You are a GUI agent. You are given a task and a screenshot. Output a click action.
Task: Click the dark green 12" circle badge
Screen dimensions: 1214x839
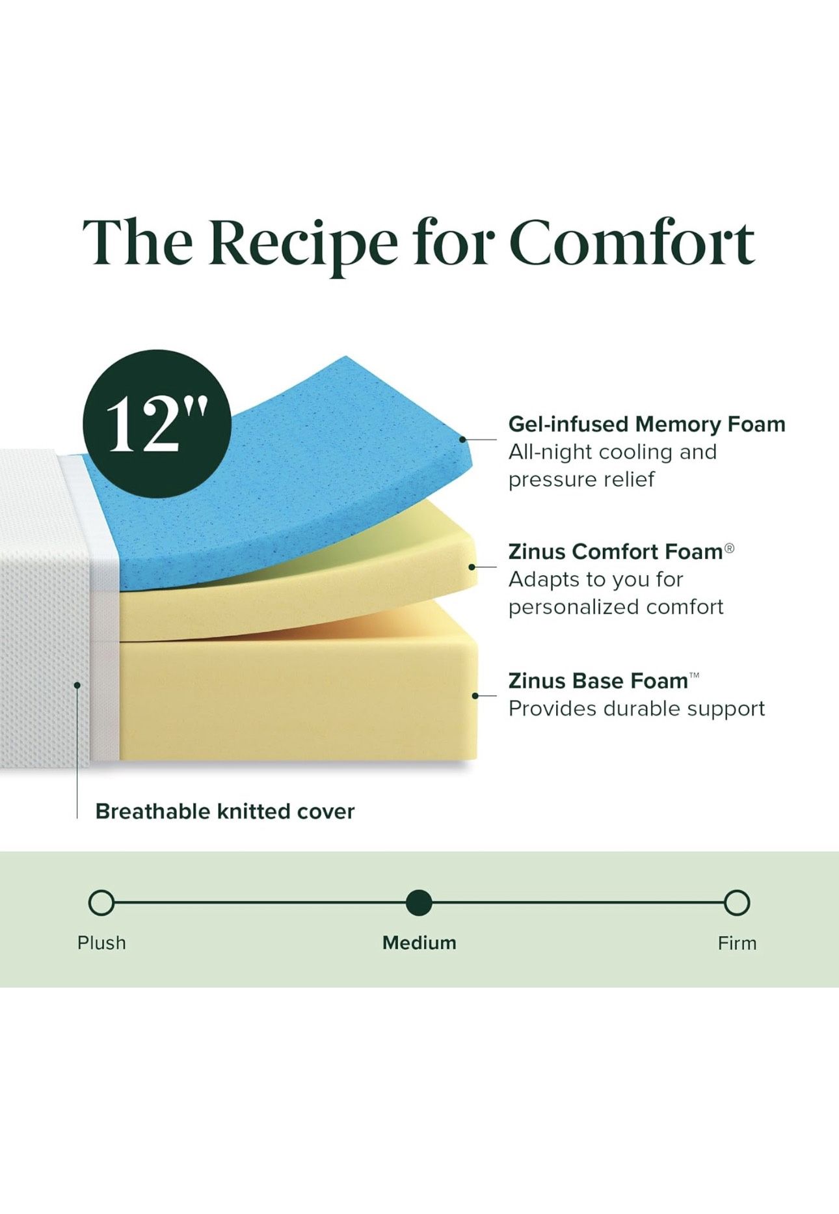tap(157, 424)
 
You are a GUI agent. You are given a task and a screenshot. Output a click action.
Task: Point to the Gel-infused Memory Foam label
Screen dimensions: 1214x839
tap(646, 424)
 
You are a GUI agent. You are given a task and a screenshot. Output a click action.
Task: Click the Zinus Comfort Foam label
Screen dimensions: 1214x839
tap(615, 552)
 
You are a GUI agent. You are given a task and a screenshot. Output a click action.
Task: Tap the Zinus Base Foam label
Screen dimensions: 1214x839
tap(598, 681)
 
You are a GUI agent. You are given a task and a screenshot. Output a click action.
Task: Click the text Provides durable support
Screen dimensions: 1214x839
tap(636, 708)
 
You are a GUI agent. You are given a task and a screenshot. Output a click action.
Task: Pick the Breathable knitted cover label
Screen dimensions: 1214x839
tap(224, 811)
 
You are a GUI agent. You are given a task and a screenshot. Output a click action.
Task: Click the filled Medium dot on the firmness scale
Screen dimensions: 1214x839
tap(419, 903)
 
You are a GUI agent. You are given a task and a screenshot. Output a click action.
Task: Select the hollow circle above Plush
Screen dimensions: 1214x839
tap(101, 903)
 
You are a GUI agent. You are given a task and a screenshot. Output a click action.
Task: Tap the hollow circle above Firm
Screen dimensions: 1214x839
tap(737, 903)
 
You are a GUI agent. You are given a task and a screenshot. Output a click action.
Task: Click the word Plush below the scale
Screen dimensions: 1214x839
tap(101, 943)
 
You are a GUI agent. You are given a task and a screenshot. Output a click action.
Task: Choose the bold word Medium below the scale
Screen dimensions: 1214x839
tap(419, 943)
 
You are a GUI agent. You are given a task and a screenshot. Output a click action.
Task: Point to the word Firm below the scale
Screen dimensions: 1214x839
tap(737, 943)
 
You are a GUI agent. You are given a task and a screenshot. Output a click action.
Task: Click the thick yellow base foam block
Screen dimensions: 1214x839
tap(299, 703)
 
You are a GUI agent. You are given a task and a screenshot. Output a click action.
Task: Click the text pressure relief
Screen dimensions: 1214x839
tap(581, 479)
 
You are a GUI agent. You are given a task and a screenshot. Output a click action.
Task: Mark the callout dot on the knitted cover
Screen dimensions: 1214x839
tap(77, 684)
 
